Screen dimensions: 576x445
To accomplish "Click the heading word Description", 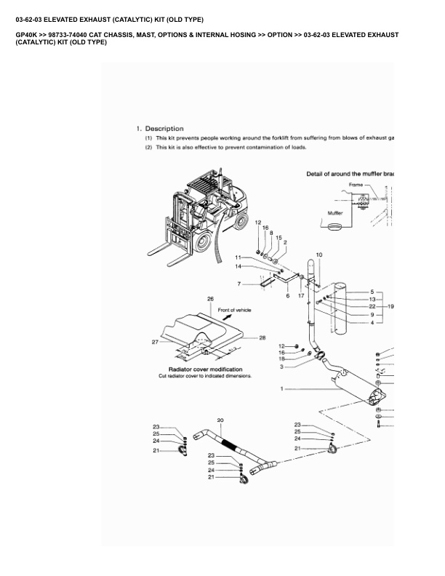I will click(x=164, y=129).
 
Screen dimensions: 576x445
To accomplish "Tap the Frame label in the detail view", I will click(x=356, y=185).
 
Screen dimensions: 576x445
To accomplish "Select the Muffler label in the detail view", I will click(x=335, y=213).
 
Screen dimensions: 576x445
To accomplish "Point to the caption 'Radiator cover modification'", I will click(x=205, y=369).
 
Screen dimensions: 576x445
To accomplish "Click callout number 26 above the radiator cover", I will click(x=210, y=299).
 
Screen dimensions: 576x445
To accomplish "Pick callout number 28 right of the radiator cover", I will click(x=262, y=337).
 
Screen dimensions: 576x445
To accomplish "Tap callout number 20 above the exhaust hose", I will click(x=220, y=420).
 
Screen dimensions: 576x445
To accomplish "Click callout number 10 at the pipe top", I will click(x=318, y=256).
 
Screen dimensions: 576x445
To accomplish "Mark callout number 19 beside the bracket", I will click(x=390, y=306).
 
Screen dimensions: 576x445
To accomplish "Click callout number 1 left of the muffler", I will click(x=281, y=389).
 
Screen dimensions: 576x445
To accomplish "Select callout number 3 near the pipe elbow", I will click(x=281, y=367).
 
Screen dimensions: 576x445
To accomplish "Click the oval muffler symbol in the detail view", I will click(x=337, y=228).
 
